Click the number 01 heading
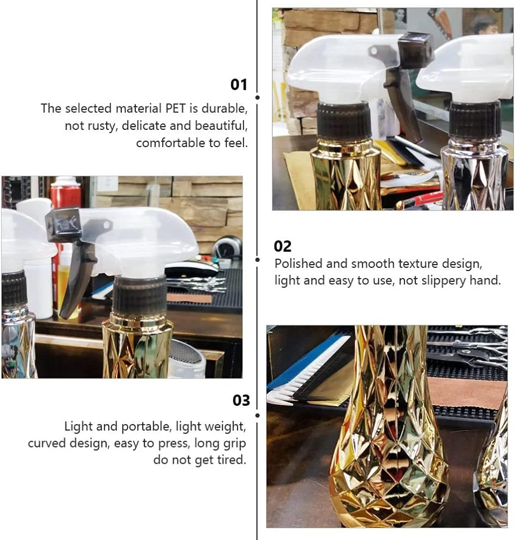(x=239, y=85)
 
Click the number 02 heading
(x=283, y=246)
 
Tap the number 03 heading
(x=241, y=400)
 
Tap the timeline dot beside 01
(x=257, y=98)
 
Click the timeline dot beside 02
(x=257, y=259)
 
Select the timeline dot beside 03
(x=257, y=415)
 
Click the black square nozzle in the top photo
(x=415, y=46)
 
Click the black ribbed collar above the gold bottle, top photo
(x=344, y=120)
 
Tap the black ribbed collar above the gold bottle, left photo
(x=140, y=295)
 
